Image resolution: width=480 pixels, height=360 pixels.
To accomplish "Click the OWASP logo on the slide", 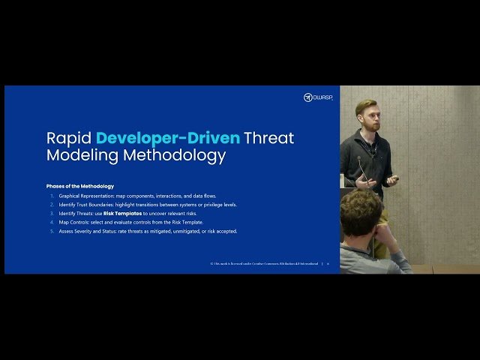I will (317, 97).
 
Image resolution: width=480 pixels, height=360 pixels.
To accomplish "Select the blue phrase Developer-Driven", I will (169, 139).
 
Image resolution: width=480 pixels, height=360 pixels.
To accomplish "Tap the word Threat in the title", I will (270, 139).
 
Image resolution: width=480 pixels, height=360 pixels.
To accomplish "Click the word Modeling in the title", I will (77, 156).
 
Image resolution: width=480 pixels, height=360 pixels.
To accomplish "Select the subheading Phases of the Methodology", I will (80, 186).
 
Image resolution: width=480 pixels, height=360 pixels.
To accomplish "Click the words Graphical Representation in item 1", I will (89, 196).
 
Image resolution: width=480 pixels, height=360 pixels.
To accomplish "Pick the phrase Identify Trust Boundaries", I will (85, 205).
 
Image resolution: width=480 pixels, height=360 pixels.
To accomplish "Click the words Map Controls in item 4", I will (74, 222).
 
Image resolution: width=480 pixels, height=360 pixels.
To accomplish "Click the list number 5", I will (52, 231).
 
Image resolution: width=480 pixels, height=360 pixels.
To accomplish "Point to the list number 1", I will (52, 196).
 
